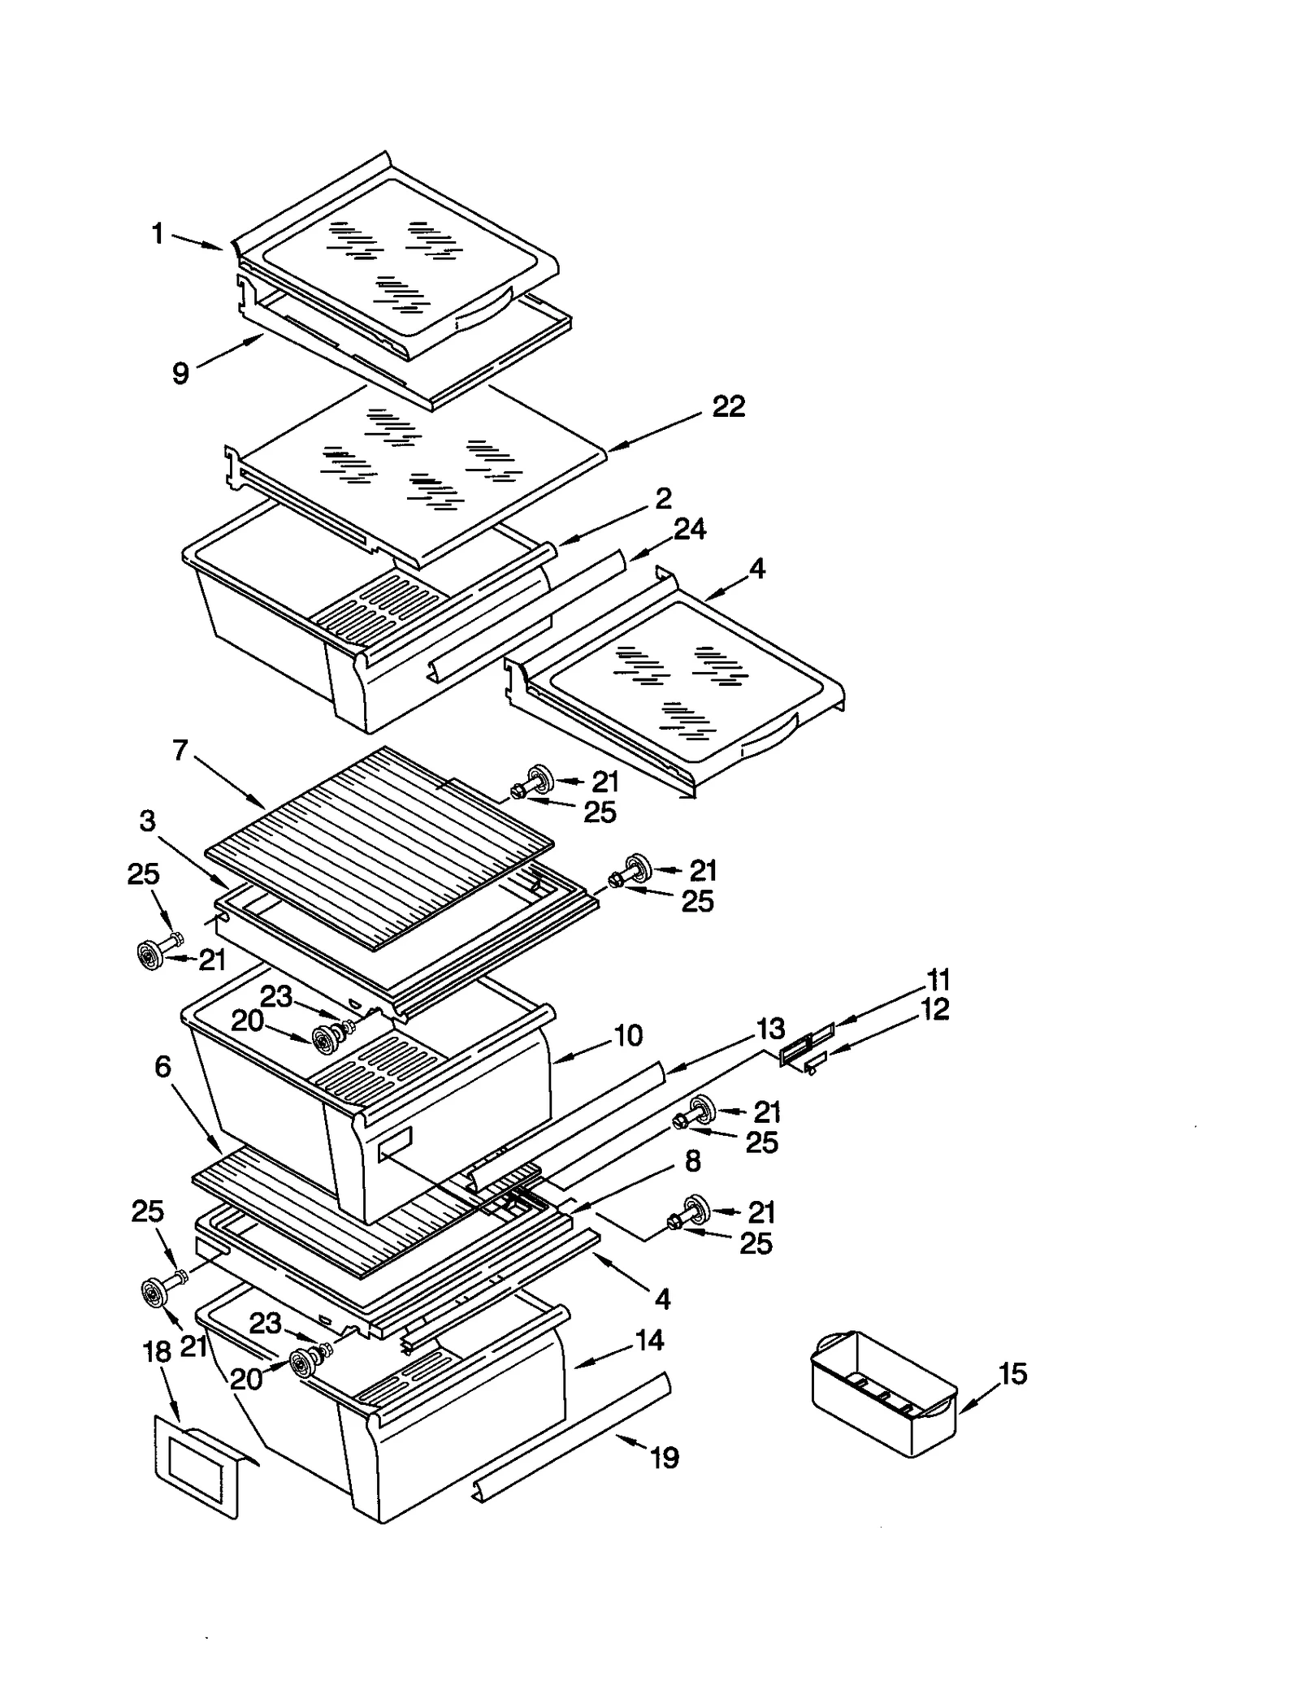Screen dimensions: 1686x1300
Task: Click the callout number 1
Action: [158, 234]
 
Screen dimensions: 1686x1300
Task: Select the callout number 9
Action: [180, 373]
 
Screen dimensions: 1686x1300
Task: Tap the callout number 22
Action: [728, 406]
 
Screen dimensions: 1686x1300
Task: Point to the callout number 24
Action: [689, 529]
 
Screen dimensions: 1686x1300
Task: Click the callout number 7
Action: [180, 749]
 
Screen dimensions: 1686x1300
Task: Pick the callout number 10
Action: [628, 1035]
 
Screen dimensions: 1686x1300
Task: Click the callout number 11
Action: [938, 979]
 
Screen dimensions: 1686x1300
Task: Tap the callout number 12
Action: [935, 1009]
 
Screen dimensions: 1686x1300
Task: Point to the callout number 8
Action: [692, 1162]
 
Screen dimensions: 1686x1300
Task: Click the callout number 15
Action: [1012, 1374]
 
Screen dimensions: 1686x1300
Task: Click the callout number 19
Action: [665, 1458]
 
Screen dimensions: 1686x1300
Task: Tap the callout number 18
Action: [157, 1352]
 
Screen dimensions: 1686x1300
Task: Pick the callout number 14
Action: [649, 1340]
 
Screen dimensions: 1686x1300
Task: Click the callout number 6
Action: [162, 1067]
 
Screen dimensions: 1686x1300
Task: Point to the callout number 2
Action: [663, 498]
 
